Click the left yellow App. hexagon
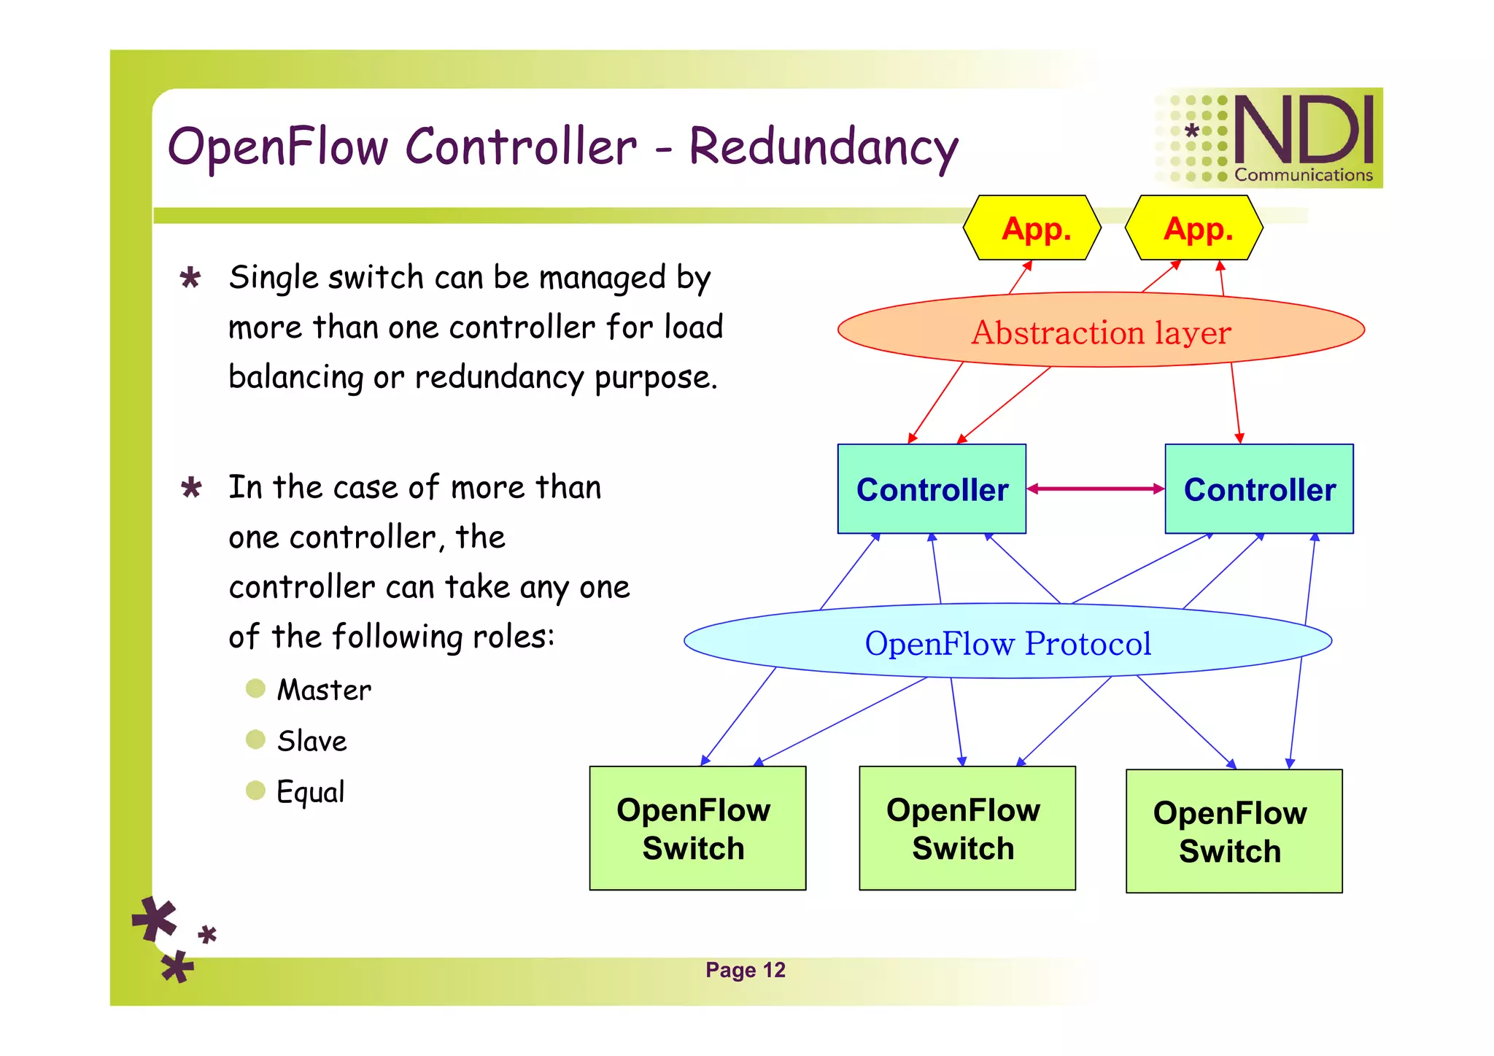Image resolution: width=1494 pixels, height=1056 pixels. click(1032, 228)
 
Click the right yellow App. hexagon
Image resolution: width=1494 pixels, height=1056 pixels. click(1194, 228)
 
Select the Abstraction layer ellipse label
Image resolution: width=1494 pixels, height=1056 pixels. click(1101, 333)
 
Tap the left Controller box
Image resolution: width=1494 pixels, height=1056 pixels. click(932, 489)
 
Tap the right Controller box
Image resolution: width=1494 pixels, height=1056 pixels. click(1259, 489)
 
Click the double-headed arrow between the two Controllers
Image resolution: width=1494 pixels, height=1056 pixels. click(1096, 489)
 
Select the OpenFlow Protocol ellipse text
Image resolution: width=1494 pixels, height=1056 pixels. click(1007, 643)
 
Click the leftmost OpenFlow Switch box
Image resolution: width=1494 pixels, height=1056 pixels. click(697, 828)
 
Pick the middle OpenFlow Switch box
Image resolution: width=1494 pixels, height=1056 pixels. click(967, 828)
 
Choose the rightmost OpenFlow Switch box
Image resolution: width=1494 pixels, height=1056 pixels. click(1234, 831)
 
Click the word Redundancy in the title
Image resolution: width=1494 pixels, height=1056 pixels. click(823, 147)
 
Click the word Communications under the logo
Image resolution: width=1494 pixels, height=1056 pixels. click(1303, 175)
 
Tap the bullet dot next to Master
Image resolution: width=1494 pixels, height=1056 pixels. click(255, 688)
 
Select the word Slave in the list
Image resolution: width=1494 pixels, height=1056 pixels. click(311, 741)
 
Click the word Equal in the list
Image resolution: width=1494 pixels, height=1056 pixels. click(310, 792)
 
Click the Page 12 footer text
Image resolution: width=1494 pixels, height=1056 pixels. click(745, 970)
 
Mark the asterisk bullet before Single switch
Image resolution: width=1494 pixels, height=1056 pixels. click(190, 278)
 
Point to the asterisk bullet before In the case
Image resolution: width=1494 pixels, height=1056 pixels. click(191, 487)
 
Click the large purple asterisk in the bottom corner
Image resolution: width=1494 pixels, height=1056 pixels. click(155, 919)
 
